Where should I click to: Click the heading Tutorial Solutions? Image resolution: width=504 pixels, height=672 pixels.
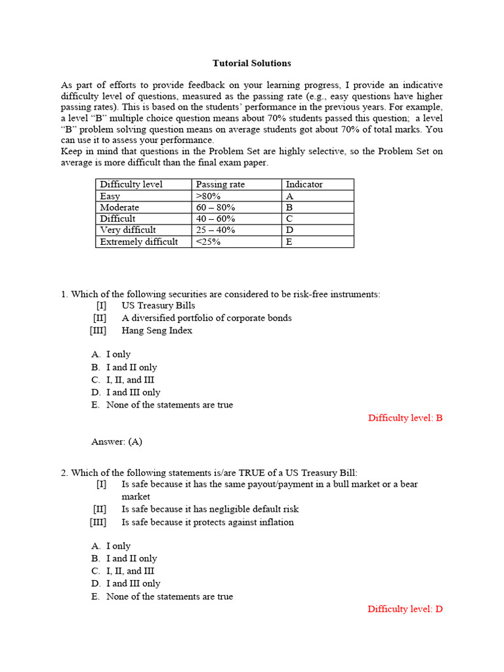[x=251, y=64]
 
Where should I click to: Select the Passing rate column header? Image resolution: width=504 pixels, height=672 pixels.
[x=220, y=184]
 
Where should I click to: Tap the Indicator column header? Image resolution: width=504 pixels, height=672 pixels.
[x=304, y=184]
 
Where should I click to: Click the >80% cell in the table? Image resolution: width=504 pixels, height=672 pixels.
[x=208, y=196]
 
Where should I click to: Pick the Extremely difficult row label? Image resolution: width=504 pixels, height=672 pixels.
[x=138, y=241]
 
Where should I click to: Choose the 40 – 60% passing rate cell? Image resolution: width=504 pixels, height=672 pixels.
[x=215, y=219]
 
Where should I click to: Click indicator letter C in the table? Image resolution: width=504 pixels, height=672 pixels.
[x=289, y=219]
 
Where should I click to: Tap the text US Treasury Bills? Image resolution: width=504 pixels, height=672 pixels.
[x=158, y=305]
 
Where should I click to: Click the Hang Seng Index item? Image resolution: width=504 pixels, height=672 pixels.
[x=157, y=331]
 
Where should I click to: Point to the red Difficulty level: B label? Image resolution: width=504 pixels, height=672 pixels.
[x=405, y=417]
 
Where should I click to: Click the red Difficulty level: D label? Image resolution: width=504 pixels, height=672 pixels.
[x=405, y=609]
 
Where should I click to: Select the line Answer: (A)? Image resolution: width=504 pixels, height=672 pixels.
[x=117, y=442]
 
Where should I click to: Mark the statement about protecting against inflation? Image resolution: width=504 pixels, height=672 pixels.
[x=207, y=522]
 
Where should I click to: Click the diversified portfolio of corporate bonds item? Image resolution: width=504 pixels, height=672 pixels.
[x=207, y=318]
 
